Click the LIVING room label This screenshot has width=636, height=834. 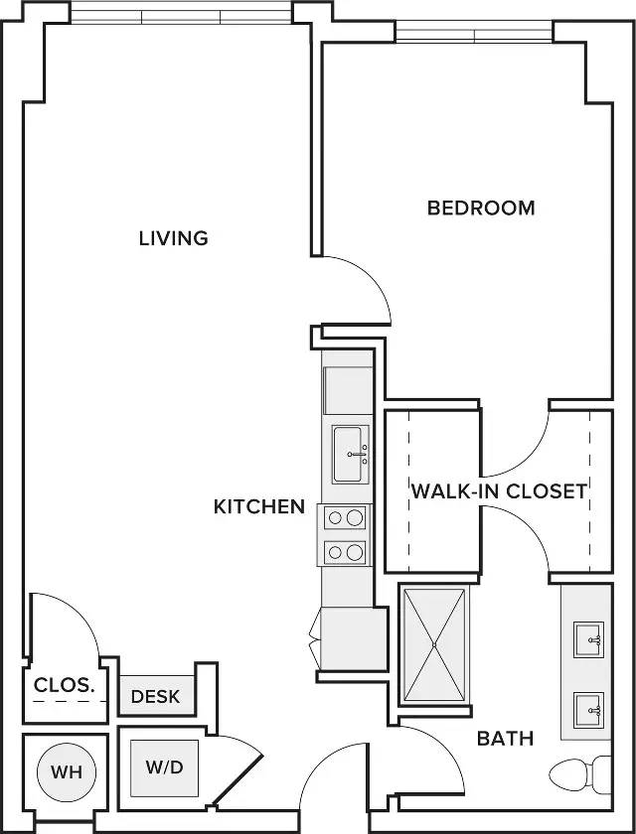[173, 238]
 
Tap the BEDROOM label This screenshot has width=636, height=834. [481, 208]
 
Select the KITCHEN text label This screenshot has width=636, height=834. [259, 506]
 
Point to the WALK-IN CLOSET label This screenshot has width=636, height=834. [499, 490]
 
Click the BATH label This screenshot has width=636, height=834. [505, 738]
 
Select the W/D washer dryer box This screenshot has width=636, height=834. [165, 767]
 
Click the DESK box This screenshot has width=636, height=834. [156, 696]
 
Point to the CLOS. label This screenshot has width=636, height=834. [65, 685]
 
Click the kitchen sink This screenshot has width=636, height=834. [349, 454]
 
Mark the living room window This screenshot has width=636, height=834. [181, 14]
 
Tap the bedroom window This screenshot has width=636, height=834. [475, 33]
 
